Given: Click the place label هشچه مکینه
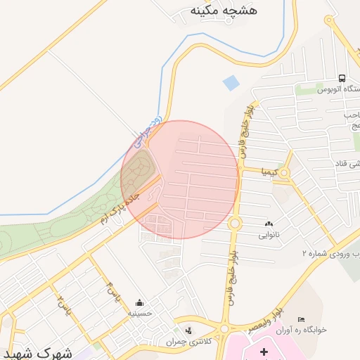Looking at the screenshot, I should click(224, 11).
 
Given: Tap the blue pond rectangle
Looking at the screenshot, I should click(231, 83).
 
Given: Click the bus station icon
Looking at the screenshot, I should click(342, 78).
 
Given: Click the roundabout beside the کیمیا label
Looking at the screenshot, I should click(285, 172).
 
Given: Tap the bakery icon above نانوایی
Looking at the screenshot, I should click(268, 224).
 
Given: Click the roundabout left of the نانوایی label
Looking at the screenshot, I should click(234, 224).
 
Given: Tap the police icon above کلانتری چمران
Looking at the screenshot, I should click(188, 330).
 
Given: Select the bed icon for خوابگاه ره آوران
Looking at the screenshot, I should click(302, 320).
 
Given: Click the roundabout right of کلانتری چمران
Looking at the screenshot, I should click(224, 328).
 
